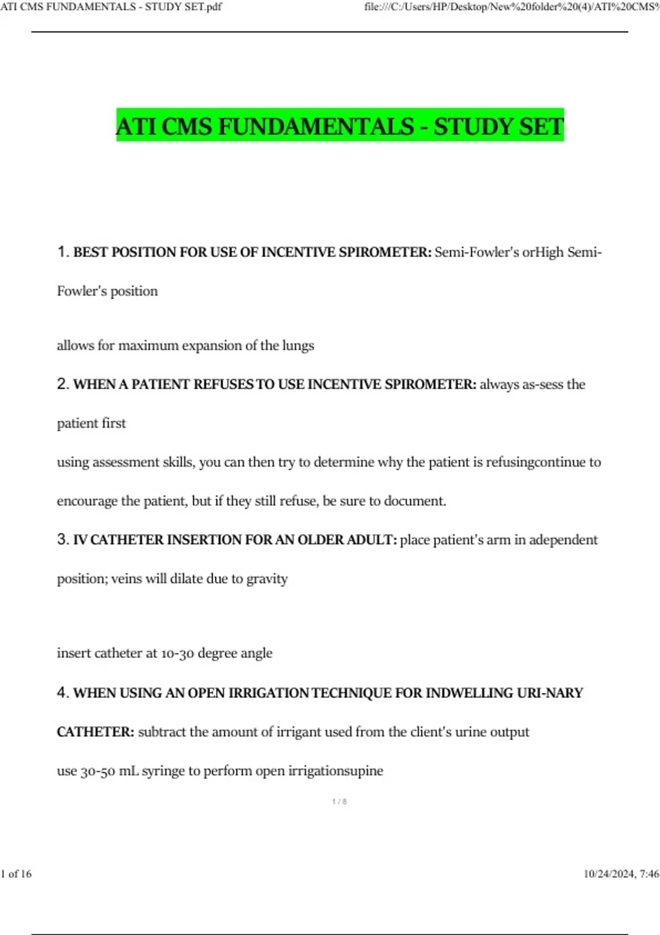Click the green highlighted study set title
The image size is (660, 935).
click(340, 126)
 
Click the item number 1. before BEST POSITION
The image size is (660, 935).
click(63, 252)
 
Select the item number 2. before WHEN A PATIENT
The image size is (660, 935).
click(63, 384)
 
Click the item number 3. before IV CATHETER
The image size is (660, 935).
click(63, 540)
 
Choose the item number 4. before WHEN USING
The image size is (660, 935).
click(63, 692)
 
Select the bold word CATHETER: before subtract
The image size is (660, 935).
click(96, 732)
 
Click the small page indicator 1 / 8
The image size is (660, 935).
click(339, 801)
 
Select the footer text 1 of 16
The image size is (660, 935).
click(16, 873)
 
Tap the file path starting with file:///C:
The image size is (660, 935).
click(512, 7)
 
